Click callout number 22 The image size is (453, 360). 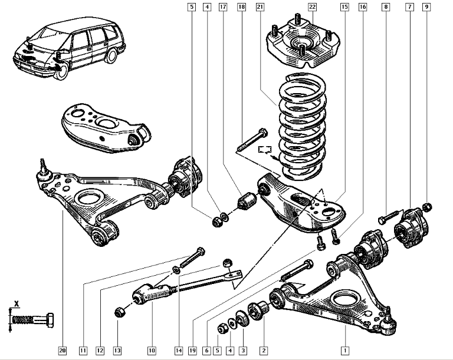point(313,7)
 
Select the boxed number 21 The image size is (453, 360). point(260,7)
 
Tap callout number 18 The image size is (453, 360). point(241,7)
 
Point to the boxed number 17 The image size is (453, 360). point(222,7)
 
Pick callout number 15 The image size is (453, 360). point(344,7)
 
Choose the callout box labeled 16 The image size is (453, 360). point(362,7)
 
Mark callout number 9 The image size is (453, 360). point(426,7)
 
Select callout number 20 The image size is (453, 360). point(63,351)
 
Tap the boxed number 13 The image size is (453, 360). point(117,351)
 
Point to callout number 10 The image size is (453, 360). point(152,351)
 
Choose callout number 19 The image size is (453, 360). point(192,351)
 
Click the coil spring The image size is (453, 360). point(302,127)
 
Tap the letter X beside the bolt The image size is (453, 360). point(17,304)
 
